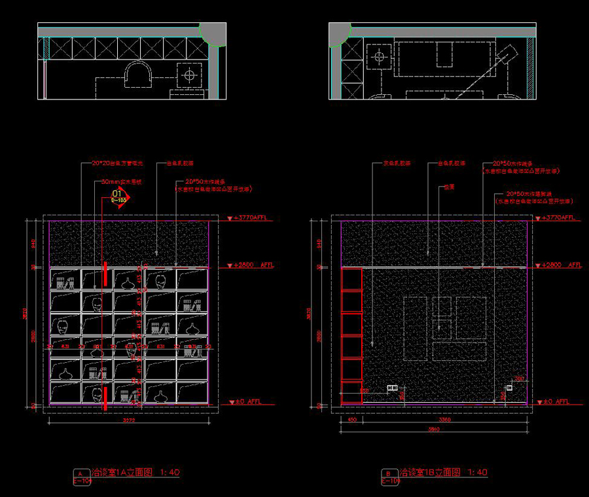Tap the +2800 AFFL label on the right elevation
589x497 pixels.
click(x=562, y=265)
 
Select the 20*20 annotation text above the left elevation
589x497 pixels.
click(x=115, y=164)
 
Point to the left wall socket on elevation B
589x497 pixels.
click(x=393, y=388)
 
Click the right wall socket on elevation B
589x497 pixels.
click(x=509, y=386)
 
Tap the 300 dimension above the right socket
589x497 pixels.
click(x=519, y=379)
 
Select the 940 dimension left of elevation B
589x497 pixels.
click(x=319, y=242)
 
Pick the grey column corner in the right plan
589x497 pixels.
click(x=340, y=33)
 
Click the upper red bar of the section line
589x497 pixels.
click(x=105, y=273)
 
